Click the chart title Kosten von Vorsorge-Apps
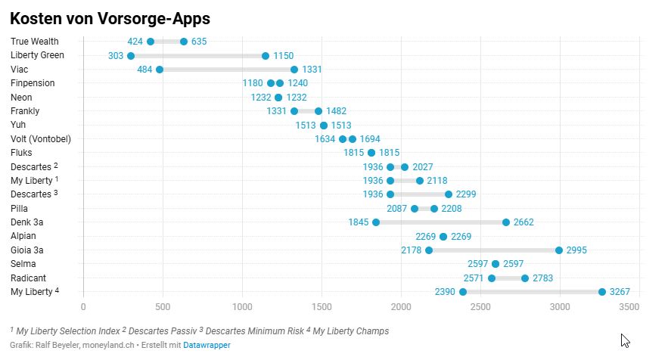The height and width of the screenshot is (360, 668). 110,18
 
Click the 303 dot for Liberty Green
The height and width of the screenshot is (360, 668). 131,56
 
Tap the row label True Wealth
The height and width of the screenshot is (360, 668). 35,42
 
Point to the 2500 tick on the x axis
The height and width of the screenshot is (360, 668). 480,306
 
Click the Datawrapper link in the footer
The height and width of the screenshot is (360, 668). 207,345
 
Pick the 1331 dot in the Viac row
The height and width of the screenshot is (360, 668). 294,70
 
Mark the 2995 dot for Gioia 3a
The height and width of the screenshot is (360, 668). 559,250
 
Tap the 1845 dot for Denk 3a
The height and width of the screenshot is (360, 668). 376,222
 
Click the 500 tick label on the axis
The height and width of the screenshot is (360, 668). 163,306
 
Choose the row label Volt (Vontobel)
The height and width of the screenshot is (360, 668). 39,139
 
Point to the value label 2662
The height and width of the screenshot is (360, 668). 524,222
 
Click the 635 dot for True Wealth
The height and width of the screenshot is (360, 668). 184,42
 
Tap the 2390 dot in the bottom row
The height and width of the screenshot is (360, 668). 463,292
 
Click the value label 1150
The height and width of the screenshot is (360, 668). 283,56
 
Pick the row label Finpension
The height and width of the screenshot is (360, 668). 33,83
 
